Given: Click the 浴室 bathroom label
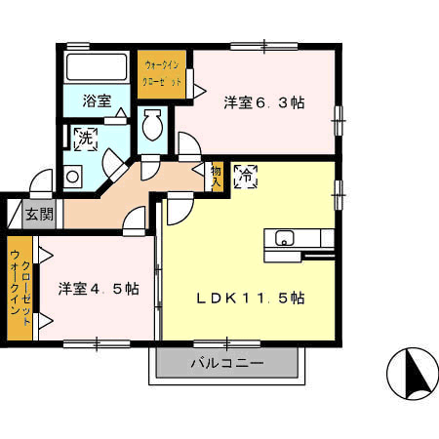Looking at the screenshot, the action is tap(97, 100).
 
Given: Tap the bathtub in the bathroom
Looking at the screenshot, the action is tap(97, 67).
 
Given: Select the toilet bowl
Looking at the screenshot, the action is tap(152, 125).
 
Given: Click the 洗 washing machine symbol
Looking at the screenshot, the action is tap(86, 140).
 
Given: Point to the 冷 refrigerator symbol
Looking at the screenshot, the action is tap(246, 177).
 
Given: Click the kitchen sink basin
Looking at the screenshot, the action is tap(285, 238).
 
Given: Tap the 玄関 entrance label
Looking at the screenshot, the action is tap(39, 214).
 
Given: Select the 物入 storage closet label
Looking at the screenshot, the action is tap(217, 177).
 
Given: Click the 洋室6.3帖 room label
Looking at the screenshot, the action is tap(264, 102).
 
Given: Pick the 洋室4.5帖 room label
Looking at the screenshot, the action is tap(99, 289).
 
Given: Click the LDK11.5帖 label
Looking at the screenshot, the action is tap(251, 298).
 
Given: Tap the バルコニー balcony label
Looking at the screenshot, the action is tap(227, 363).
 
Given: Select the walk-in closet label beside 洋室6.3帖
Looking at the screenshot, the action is tap(162, 74).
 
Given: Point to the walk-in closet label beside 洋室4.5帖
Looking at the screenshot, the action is tap(20, 288).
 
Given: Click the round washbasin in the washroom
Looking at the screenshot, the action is tap(72, 177).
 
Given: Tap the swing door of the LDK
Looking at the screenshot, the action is tap(180, 209).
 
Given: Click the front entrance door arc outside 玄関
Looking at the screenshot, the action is tap(41, 183).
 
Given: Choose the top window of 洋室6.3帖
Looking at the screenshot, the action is tap(264, 47).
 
